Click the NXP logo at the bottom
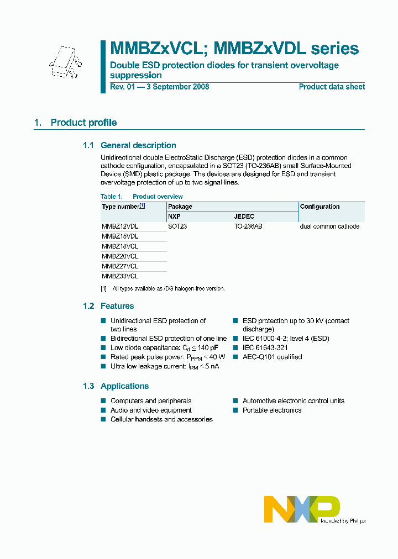pyautogui.click(x=302, y=509)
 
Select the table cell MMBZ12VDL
pyautogui.click(x=120, y=226)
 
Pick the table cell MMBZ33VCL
pyautogui.click(x=120, y=276)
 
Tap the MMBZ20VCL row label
pyautogui.click(x=120, y=256)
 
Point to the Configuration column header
pyautogui.click(x=320, y=207)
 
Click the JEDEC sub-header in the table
pyautogui.click(x=244, y=217)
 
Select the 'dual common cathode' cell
pyautogui.click(x=329, y=226)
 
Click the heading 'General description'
pyautogui.click(x=138, y=145)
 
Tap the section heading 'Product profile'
pyautogui.click(x=83, y=123)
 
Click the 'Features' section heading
pyautogui.click(x=117, y=306)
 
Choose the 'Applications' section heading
pyautogui.click(x=124, y=386)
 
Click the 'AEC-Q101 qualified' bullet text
pyautogui.click(x=272, y=357)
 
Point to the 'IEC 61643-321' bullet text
pyautogui.click(x=265, y=348)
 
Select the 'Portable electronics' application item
pyautogui.click(x=272, y=410)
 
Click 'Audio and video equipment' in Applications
pyautogui.click(x=151, y=410)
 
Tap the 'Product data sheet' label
pyautogui.click(x=332, y=87)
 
